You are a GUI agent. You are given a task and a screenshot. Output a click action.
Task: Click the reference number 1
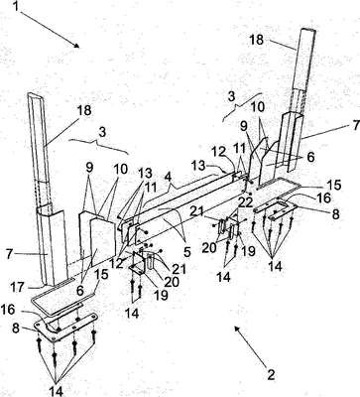click(x=17, y=7)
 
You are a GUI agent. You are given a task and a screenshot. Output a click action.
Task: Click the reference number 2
click(x=271, y=375)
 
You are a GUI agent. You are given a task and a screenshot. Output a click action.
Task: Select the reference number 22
click(x=245, y=201)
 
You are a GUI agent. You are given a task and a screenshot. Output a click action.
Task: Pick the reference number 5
click(x=187, y=252)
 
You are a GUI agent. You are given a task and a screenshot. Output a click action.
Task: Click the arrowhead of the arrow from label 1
click(x=76, y=46)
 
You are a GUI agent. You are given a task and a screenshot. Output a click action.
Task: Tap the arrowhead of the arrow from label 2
click(x=237, y=329)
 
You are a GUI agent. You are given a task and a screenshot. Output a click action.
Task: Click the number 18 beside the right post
click(x=257, y=40)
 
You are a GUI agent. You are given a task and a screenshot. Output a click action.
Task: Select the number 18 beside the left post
click(x=84, y=110)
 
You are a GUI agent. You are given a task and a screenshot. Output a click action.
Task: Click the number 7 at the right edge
click(x=355, y=125)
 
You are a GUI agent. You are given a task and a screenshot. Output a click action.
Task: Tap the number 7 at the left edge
click(x=10, y=255)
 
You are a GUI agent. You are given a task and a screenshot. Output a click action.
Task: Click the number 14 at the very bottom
click(x=56, y=390)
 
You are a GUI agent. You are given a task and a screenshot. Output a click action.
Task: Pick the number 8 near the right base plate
click(x=336, y=214)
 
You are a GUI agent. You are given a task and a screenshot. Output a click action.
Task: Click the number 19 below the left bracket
click(x=161, y=295)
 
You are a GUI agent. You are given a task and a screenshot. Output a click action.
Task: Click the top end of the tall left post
click(x=35, y=96)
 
